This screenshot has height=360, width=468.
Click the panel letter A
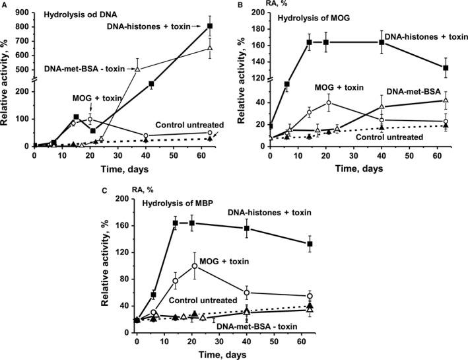[x=5, y=4]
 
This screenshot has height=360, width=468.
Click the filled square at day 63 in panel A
[x=209, y=26]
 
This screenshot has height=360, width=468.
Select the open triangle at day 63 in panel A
[x=209, y=48]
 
